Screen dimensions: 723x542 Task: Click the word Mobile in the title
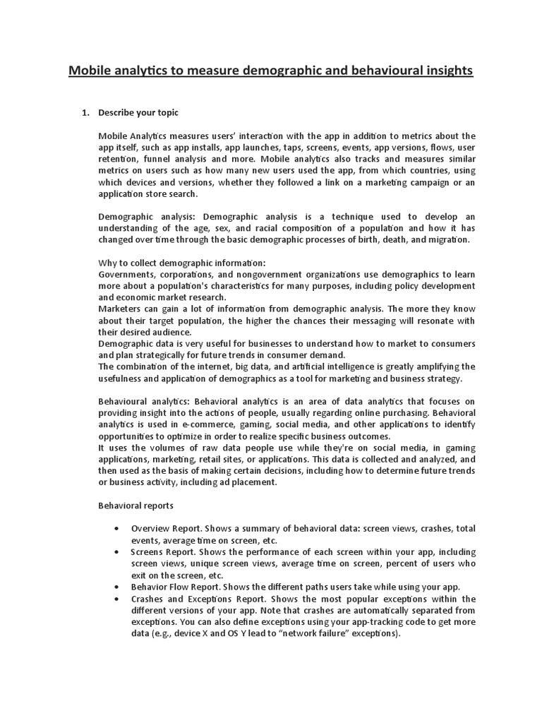click(90, 71)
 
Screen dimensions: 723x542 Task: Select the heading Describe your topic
click(138, 112)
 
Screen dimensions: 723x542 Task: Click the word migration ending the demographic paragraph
click(443, 240)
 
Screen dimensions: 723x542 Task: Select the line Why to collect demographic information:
click(182, 263)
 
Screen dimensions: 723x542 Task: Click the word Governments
click(126, 275)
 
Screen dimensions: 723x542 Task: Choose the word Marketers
click(121, 309)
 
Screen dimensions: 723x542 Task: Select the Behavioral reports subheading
click(135, 506)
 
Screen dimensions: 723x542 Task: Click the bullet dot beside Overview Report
click(116, 529)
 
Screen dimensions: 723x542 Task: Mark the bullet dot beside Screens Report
click(116, 552)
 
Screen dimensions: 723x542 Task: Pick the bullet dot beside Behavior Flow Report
click(116, 587)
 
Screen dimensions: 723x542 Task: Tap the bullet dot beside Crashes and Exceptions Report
click(116, 599)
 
